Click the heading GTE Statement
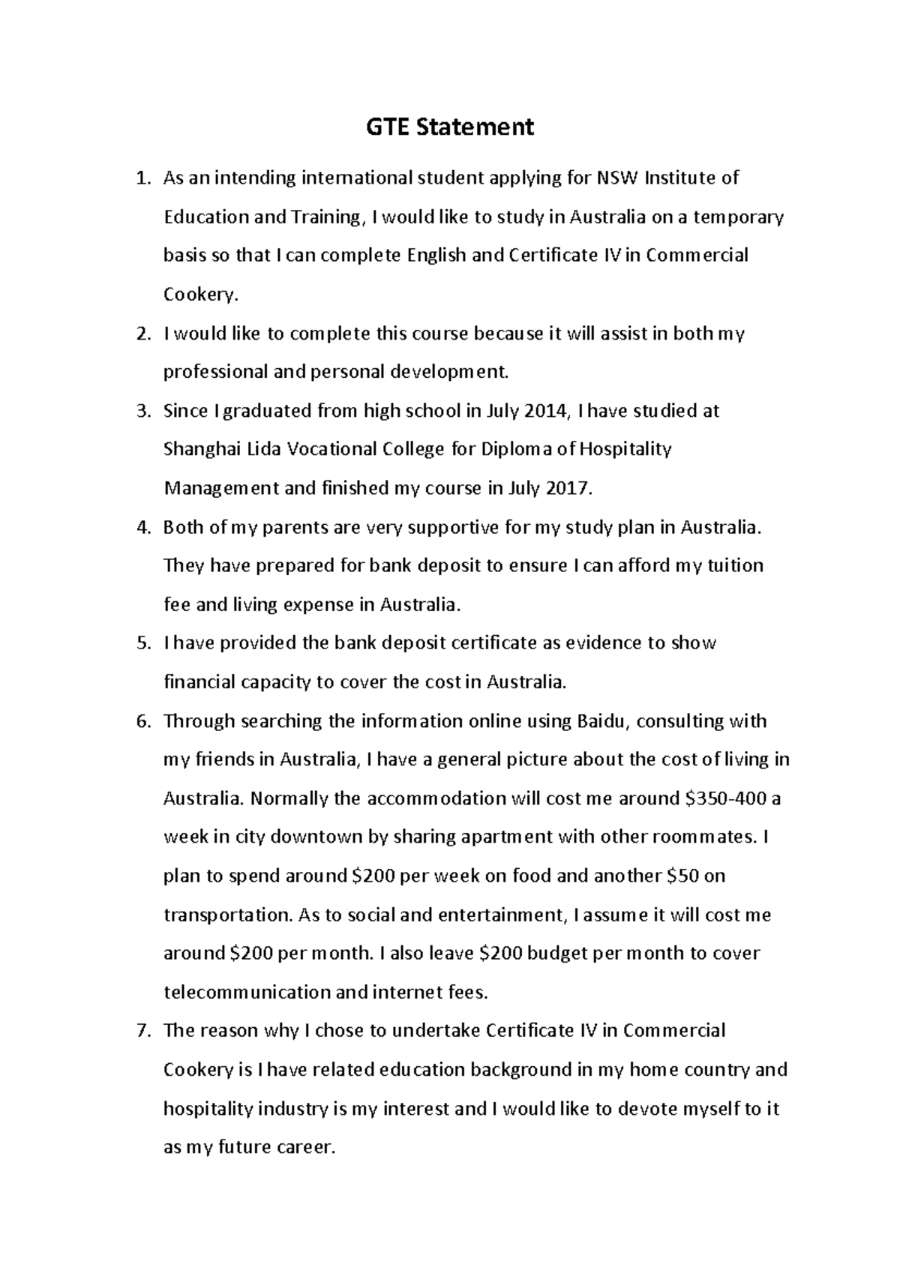[450, 127]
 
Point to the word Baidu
[603, 721]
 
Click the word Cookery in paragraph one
[199, 295]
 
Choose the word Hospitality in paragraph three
[625, 450]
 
